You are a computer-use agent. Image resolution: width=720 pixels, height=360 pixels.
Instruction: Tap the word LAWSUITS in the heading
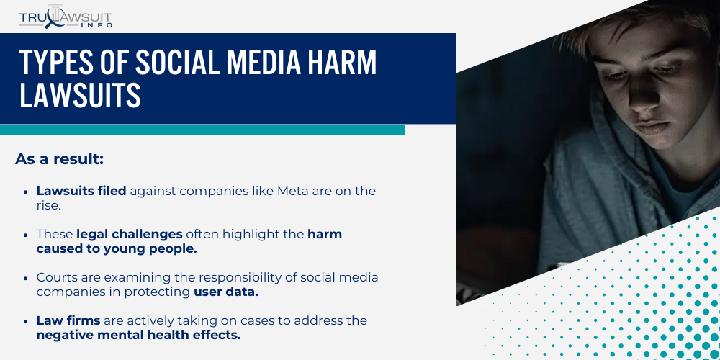point(80,96)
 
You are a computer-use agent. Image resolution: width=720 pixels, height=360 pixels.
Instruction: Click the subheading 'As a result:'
point(59,159)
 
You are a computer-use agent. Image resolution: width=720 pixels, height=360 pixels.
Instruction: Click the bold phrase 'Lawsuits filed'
point(81,191)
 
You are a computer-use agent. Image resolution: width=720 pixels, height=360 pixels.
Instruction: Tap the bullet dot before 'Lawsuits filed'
point(27,192)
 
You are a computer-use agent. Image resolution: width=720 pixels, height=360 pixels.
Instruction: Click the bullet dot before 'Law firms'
point(27,321)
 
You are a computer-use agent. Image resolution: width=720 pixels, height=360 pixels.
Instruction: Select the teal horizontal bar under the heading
point(202,130)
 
